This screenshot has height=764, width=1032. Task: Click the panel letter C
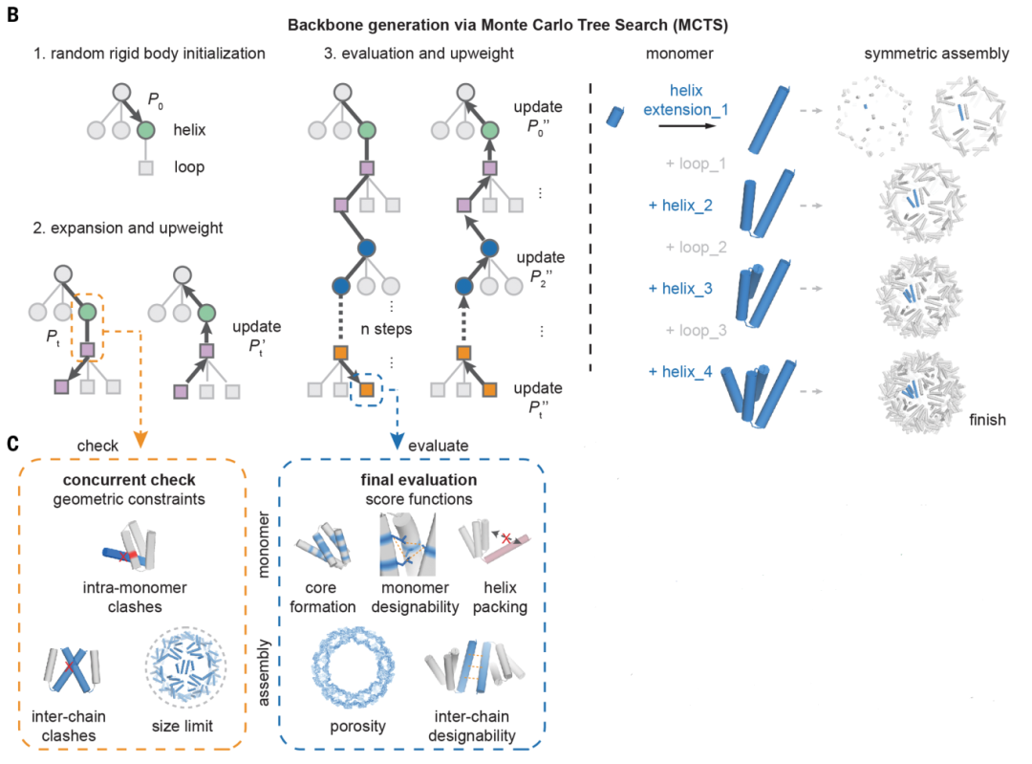click(13, 444)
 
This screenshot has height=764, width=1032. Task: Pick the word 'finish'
click(987, 419)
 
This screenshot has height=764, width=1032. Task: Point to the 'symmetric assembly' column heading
click(936, 54)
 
